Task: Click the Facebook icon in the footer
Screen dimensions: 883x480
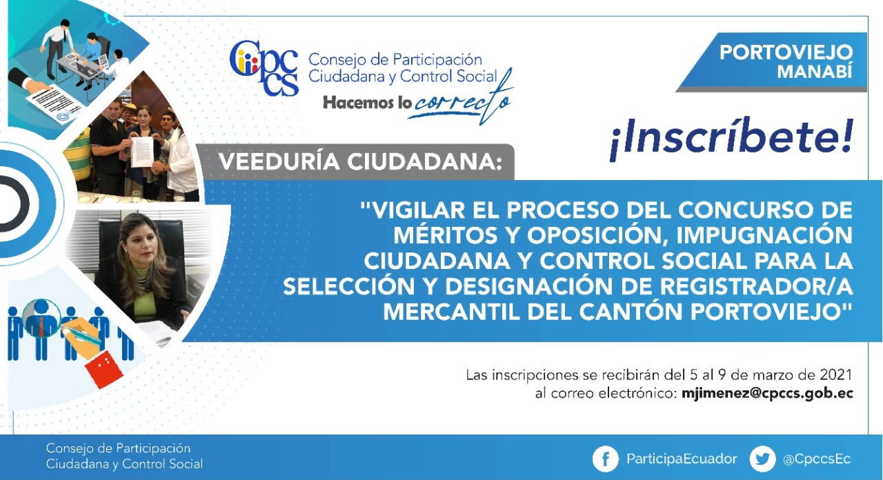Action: click(605, 459)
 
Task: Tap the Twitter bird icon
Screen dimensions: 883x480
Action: click(762, 459)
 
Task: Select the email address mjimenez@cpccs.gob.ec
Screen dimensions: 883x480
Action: click(767, 394)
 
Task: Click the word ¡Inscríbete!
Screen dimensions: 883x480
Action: click(731, 139)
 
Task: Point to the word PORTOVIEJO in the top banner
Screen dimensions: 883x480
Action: click(786, 52)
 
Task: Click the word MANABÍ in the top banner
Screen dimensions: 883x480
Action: click(815, 72)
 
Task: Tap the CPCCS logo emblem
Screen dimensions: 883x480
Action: click(264, 68)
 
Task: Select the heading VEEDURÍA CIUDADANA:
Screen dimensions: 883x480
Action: click(361, 162)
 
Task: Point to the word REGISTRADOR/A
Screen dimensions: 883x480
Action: click(757, 286)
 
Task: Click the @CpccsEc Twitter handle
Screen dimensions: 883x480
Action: click(816, 459)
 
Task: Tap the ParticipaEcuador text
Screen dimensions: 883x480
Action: click(682, 459)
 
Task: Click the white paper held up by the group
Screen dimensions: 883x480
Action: click(142, 152)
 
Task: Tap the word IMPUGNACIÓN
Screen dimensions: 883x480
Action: click(765, 235)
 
